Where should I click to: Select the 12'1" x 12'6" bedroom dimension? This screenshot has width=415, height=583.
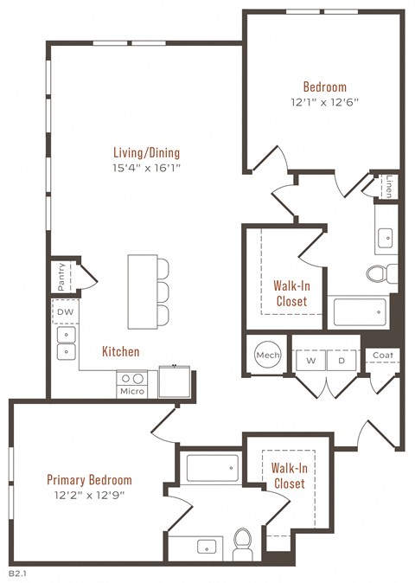[324, 102]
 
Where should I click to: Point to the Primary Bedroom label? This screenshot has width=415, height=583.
[89, 479]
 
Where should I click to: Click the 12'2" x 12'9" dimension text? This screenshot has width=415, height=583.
[89, 496]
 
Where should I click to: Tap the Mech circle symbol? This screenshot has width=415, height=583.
[266, 355]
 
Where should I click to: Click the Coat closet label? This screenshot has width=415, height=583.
[382, 355]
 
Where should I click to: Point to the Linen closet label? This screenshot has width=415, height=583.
[390, 187]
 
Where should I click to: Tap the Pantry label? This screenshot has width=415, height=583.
[62, 278]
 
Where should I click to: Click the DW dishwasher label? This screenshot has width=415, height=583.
[64, 310]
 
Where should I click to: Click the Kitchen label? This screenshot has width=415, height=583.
[120, 352]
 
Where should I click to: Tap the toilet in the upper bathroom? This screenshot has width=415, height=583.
[379, 273]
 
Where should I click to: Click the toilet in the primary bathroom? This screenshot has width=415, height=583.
[243, 543]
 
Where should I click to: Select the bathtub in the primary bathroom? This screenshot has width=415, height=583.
[213, 468]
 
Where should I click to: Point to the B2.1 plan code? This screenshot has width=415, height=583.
[18, 573]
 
